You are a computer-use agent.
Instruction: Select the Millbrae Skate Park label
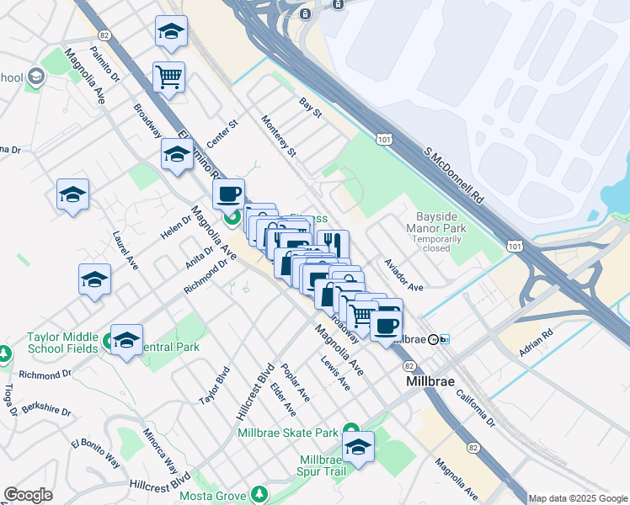(288, 433)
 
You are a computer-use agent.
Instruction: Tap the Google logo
(28, 495)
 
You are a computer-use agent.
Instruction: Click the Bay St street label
(311, 107)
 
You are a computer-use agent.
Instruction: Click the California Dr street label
(478, 407)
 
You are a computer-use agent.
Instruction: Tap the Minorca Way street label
(160, 452)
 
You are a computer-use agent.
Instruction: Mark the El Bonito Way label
(95, 452)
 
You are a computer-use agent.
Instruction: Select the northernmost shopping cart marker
(169, 77)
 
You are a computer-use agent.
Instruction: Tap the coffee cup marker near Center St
(228, 194)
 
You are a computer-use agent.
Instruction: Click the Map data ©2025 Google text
(579, 498)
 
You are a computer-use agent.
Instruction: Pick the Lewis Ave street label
(335, 371)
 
